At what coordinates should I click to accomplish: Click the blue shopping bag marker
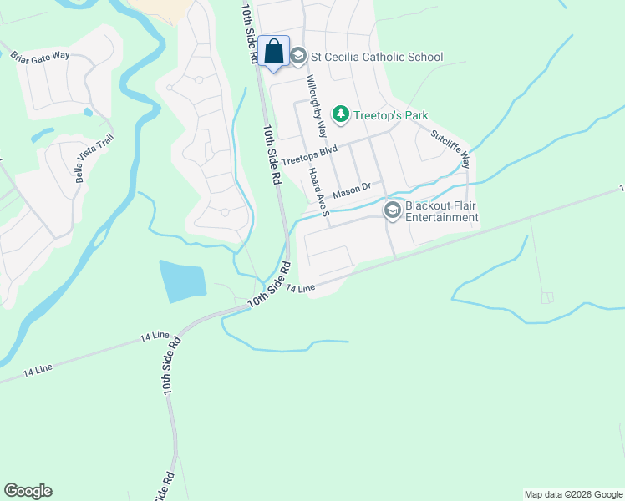click(x=273, y=53)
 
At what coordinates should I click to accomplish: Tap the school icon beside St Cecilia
click(x=298, y=57)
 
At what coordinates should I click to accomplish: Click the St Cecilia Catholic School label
click(x=376, y=57)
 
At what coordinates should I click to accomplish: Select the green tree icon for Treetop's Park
click(x=340, y=113)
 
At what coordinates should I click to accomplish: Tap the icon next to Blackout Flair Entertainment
click(x=392, y=210)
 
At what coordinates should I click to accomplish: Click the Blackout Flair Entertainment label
click(x=441, y=211)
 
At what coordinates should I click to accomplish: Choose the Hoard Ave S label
click(x=318, y=190)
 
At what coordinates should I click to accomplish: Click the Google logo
click(x=28, y=491)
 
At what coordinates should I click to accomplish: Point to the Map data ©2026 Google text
click(x=572, y=494)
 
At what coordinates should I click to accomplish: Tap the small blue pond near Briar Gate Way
click(x=88, y=111)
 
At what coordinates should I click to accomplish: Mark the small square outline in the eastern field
click(x=547, y=297)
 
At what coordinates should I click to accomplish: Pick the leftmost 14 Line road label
click(x=38, y=369)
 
